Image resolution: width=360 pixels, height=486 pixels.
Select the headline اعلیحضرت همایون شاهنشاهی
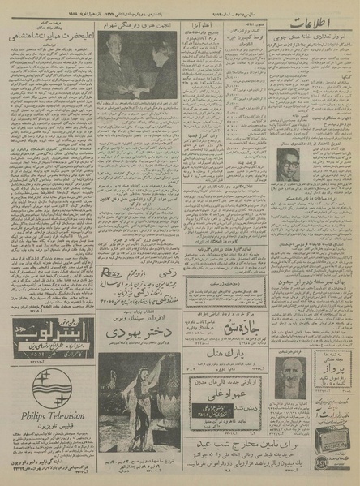49,36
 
